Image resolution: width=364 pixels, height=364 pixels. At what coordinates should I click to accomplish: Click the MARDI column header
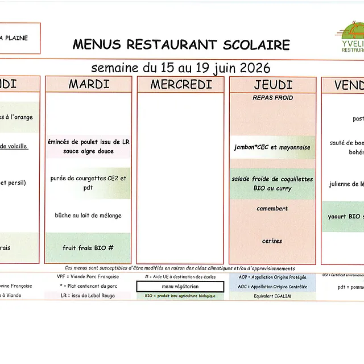(89, 85)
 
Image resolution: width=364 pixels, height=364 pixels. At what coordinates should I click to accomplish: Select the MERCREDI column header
(181, 85)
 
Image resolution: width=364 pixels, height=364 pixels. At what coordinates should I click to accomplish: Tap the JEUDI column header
(273, 85)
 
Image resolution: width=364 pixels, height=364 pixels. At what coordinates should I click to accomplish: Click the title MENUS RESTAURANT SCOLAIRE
(181, 45)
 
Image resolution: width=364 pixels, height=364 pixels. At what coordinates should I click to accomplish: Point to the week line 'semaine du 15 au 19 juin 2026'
(181, 68)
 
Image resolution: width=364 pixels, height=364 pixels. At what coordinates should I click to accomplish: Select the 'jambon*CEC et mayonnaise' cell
(272, 147)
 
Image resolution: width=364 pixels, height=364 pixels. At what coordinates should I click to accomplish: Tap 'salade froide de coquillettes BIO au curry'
(272, 183)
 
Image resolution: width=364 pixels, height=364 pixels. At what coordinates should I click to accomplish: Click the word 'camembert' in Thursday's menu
(272, 209)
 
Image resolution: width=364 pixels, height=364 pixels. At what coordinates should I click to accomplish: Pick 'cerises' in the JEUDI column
(272, 241)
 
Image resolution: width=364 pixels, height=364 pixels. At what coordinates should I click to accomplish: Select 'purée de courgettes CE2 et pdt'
(88, 183)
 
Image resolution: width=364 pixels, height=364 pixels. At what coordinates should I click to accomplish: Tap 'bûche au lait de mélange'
(88, 216)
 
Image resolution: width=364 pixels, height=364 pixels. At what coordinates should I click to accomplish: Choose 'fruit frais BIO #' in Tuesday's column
(88, 248)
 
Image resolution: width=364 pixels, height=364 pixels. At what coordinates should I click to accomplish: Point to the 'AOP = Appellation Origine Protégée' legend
(272, 277)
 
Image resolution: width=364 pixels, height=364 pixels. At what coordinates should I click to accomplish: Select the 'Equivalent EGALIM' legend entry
(272, 296)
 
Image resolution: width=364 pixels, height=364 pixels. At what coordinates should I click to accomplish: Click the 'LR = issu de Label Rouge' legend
(88, 296)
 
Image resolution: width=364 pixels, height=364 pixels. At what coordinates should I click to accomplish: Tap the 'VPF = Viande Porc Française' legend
(88, 277)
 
